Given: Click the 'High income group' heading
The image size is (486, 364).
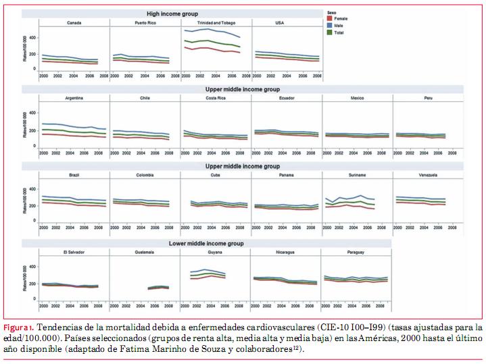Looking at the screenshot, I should pyautogui.click(x=172, y=14).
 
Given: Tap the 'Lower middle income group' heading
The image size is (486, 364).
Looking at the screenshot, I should pyautogui.click(x=207, y=243).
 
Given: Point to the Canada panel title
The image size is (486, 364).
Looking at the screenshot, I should pyautogui.click(x=74, y=23).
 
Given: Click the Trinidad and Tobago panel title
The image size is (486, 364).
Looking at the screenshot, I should pyautogui.click(x=217, y=23).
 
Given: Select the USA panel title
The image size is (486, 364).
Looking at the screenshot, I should pyautogui.click(x=280, y=23).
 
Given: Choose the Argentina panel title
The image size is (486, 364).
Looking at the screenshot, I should pyautogui.click(x=74, y=98).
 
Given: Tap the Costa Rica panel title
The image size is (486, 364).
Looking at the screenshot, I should pyautogui.click(x=216, y=98).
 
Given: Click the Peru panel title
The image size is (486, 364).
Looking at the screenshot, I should pyautogui.click(x=429, y=98).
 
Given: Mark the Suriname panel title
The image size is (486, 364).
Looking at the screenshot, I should pyautogui.click(x=358, y=175).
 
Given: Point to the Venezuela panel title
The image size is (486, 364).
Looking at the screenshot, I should pyautogui.click(x=429, y=175).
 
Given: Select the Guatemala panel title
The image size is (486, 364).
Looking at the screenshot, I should pyautogui.click(x=145, y=252).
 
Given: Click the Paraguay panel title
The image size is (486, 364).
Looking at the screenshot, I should pyautogui.click(x=358, y=252).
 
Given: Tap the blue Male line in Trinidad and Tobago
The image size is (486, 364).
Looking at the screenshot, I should pyautogui.click(x=216, y=30).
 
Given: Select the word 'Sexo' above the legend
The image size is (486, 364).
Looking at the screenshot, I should pyautogui.click(x=332, y=12).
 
